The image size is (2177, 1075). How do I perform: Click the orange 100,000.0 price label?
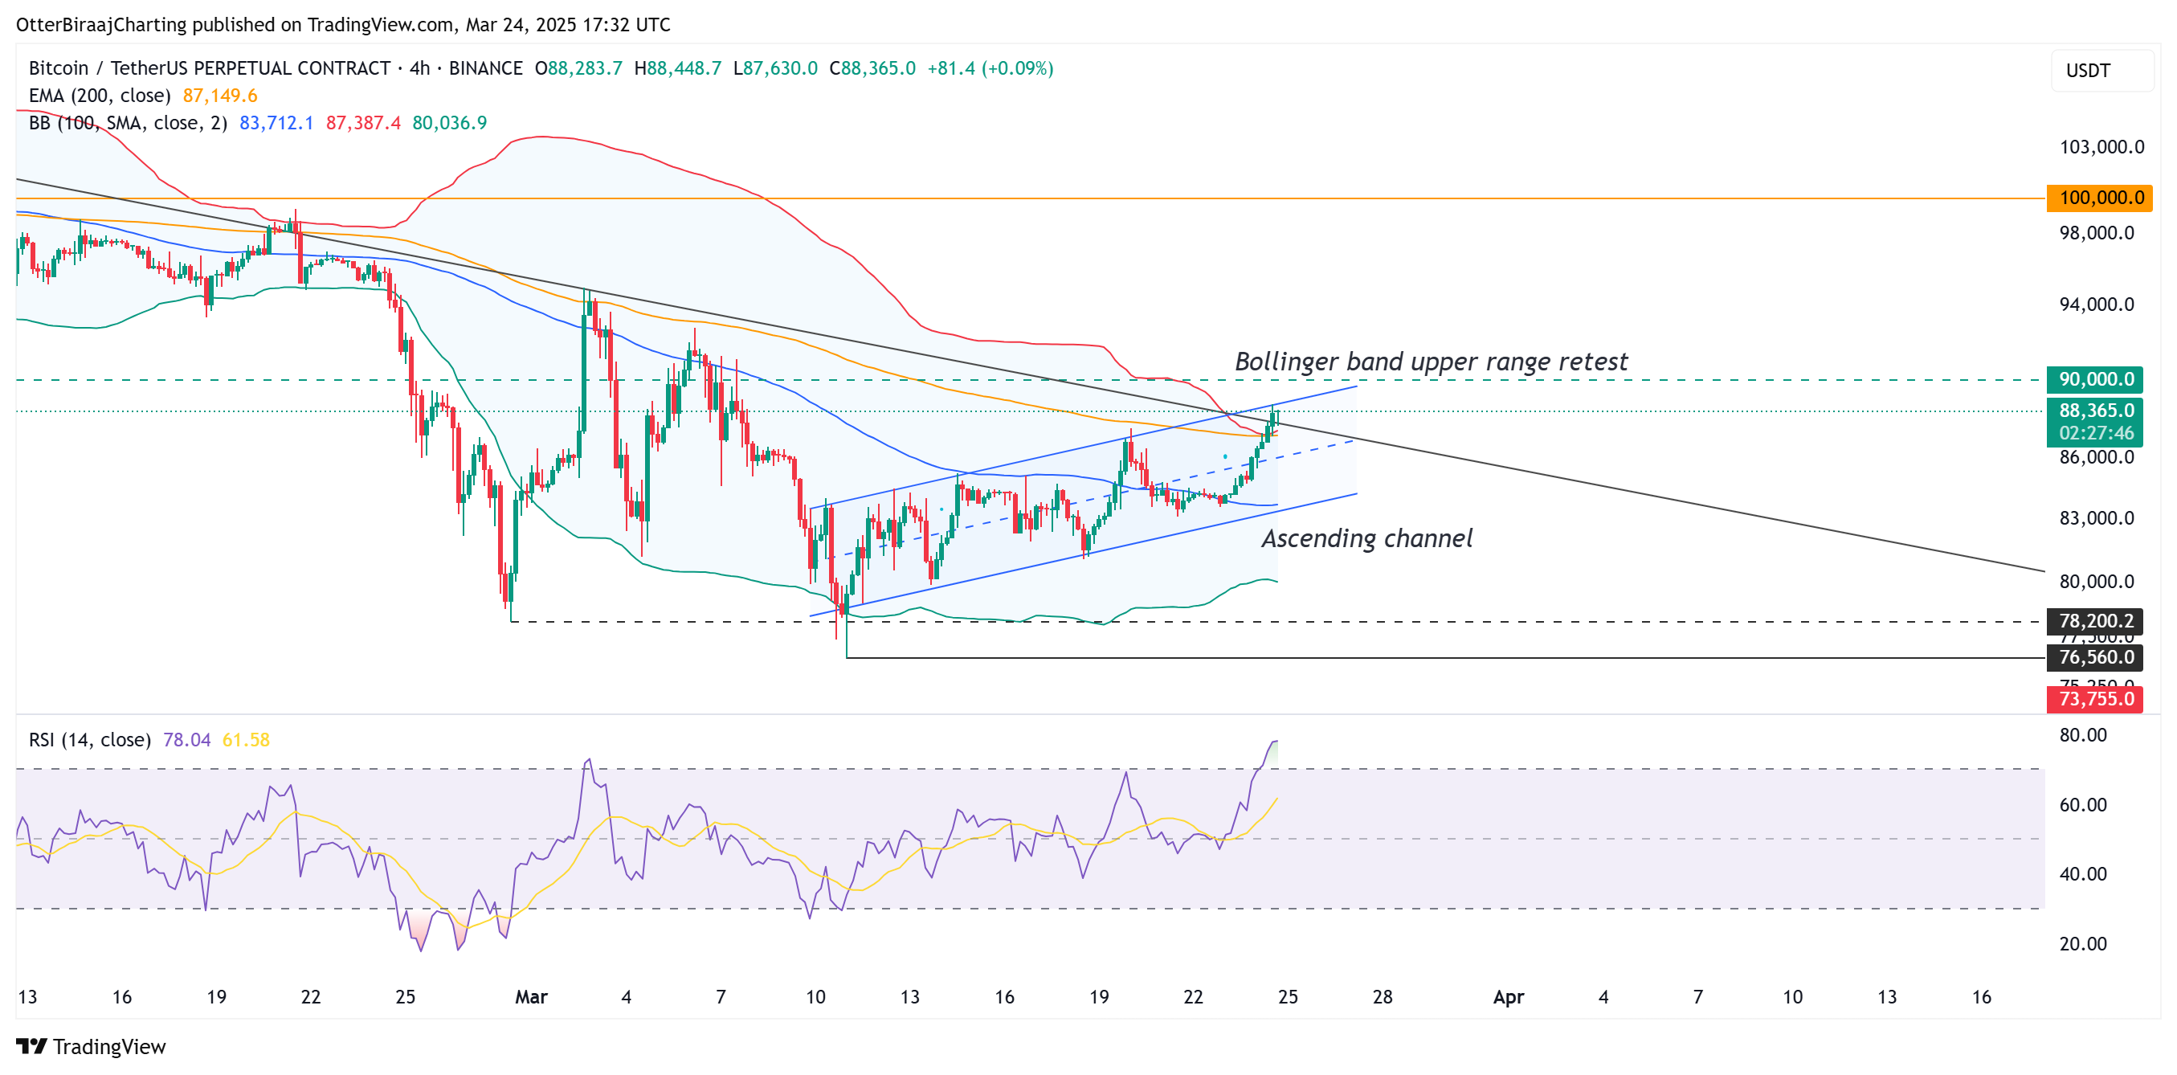2099,198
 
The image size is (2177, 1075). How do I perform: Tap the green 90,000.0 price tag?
2095,379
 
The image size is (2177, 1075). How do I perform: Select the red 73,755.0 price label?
2095,699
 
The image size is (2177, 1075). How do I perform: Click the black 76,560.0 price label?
2095,657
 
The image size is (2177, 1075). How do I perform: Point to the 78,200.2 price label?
2095,621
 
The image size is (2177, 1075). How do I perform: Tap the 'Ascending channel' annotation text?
1366,538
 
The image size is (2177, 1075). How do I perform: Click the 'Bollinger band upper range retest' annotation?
1431,362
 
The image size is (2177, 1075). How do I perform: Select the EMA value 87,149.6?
220,96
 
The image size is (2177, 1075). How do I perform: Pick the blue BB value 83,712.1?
276,123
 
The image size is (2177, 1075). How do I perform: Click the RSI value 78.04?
186,739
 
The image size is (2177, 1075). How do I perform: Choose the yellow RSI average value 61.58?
246,739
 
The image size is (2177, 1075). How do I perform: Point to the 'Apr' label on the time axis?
1509,996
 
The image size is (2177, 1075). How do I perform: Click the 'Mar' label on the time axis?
532,996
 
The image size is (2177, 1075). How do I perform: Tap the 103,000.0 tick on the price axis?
2101,147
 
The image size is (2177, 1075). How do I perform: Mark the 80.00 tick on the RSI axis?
2082,734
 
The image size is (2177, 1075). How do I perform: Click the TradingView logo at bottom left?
92,1046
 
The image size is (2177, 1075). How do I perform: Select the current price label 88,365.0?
2096,411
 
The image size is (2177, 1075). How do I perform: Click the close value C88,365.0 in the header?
872,68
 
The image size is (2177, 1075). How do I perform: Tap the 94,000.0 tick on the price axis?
2096,305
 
